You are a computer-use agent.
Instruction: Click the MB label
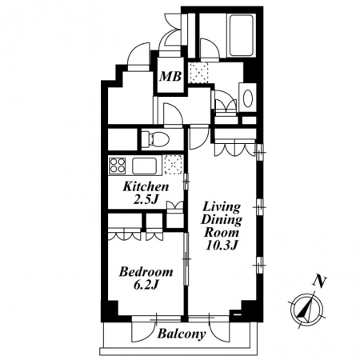coord(170,77)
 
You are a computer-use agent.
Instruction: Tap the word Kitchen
coord(146,186)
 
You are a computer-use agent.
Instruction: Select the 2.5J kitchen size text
coord(146,199)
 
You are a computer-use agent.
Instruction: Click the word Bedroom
coord(146,272)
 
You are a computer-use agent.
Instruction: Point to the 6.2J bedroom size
coord(146,285)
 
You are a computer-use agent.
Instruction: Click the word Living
coord(222,207)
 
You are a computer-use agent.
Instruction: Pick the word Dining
coord(222,220)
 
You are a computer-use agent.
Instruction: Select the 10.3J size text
coord(222,246)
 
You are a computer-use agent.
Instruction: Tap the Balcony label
coord(182,334)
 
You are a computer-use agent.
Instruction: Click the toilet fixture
coord(155,139)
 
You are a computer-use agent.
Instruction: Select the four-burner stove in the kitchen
coord(117,166)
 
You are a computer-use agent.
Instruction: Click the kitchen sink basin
coord(144,166)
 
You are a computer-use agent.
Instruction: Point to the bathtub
coord(241,35)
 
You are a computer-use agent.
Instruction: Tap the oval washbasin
coord(248,98)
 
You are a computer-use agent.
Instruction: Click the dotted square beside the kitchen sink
coord(174,165)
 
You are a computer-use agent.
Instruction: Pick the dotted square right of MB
coord(198,73)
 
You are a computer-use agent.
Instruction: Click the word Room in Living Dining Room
coord(222,233)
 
